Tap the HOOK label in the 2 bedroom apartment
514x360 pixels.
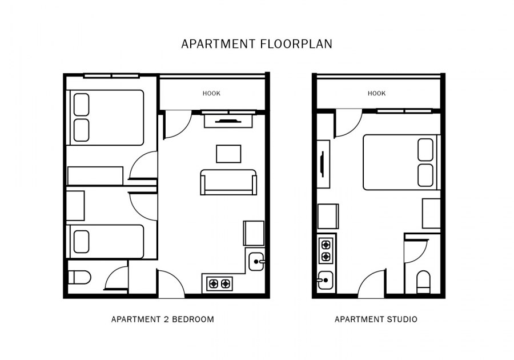point(211,94)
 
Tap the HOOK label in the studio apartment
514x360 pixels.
point(377,94)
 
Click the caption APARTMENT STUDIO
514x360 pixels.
point(376,319)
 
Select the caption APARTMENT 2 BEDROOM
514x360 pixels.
point(163,319)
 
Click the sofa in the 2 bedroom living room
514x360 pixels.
point(228,182)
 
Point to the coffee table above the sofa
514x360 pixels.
point(228,154)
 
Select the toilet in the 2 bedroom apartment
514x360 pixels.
point(79,278)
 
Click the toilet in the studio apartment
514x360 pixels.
point(423,282)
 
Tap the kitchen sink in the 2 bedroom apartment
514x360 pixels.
point(256,261)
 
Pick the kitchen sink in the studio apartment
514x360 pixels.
point(325,281)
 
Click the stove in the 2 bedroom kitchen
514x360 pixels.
point(220,283)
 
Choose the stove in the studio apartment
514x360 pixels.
point(326,250)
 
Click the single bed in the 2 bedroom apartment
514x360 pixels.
point(105,242)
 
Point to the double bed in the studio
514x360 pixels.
point(402,162)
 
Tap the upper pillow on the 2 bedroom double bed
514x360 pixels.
point(81,105)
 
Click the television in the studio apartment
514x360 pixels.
point(323,164)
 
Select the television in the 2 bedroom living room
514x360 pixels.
point(228,121)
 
